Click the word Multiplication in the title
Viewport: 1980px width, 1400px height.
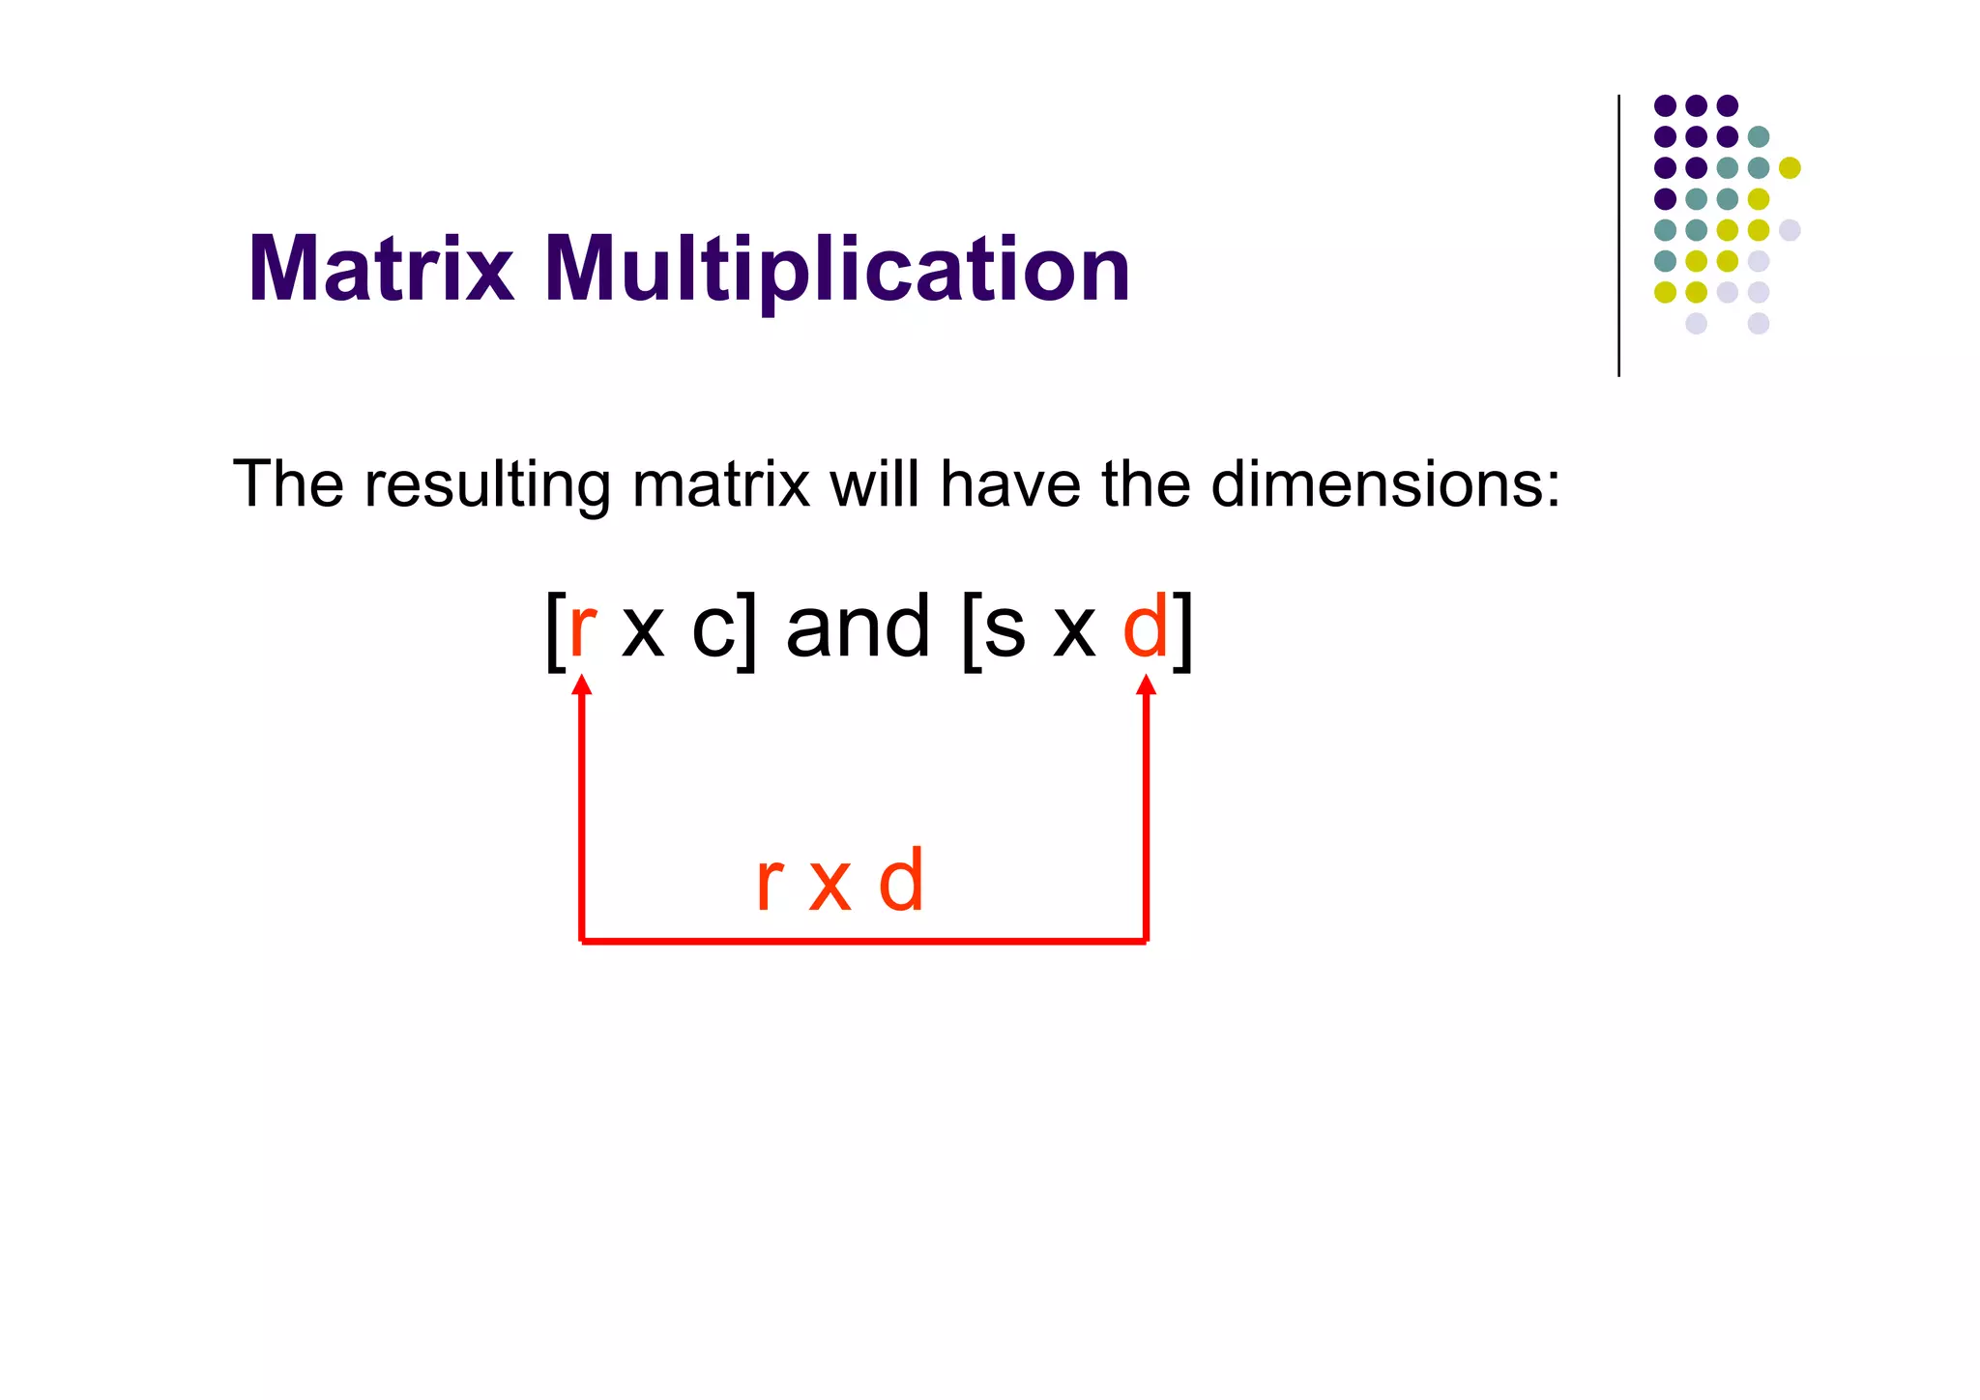[x=836, y=271]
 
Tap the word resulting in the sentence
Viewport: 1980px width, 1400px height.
[x=487, y=484]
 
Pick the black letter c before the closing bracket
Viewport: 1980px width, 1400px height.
[x=713, y=630]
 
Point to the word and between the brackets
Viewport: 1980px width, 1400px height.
[x=859, y=628]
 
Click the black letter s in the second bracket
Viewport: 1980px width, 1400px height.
[x=1005, y=630]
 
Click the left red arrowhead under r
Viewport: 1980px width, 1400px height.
[x=581, y=685]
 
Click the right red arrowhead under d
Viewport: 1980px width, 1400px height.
[x=1147, y=685]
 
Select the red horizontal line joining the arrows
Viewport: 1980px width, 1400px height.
[x=863, y=941]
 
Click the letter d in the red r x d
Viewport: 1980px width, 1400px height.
[x=901, y=881]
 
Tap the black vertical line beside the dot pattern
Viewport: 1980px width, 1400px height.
[x=1618, y=236]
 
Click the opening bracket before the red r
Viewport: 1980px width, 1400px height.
[x=555, y=630]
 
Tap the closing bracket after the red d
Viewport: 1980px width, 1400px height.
[x=1182, y=630]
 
